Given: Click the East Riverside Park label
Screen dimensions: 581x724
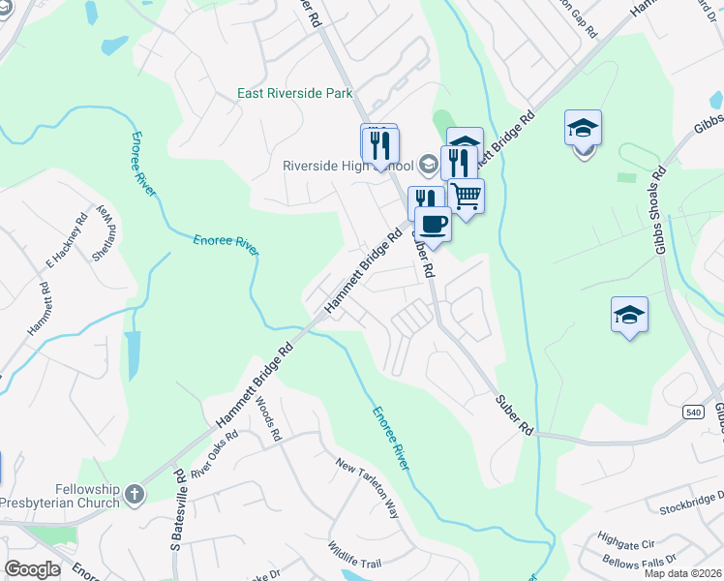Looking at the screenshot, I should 295,94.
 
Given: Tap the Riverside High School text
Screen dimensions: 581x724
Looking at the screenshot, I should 347,165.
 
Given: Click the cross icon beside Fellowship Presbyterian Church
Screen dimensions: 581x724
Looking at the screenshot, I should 135,495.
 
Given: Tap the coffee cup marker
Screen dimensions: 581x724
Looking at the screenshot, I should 434,224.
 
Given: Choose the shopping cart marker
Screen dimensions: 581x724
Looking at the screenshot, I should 467,197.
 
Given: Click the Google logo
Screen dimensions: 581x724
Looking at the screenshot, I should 32,569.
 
